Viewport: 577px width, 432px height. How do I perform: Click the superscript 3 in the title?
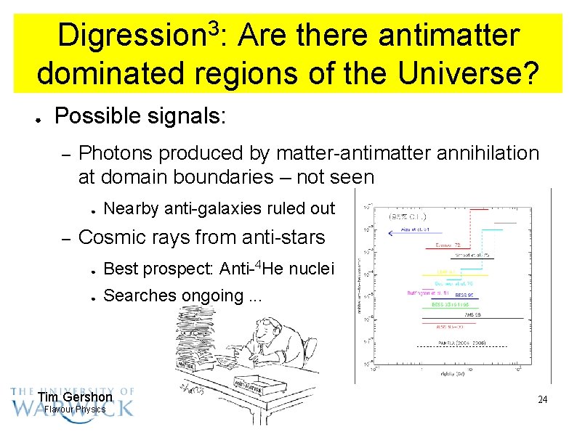[213, 28]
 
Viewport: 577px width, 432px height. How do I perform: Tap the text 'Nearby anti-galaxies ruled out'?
[219, 209]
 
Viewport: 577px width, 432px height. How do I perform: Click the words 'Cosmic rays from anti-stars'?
[201, 237]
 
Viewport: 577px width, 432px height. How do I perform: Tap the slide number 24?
[541, 400]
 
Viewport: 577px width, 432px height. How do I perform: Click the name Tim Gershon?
[75, 397]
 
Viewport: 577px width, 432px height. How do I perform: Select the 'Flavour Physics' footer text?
[75, 409]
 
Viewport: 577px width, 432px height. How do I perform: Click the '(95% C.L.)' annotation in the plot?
[408, 216]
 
